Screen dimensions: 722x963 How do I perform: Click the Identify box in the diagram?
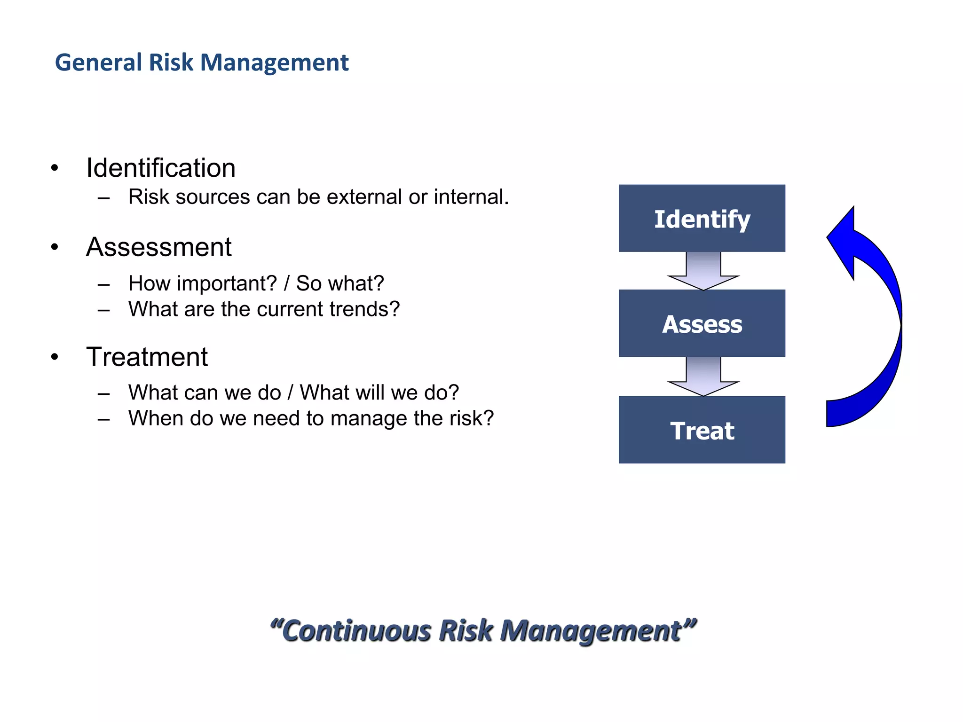coord(702,219)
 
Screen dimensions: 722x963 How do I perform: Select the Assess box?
coord(702,323)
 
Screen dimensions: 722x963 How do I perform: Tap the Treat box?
coord(702,430)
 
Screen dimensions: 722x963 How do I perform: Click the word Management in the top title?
coord(275,63)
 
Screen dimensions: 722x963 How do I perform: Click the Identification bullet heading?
coord(160,168)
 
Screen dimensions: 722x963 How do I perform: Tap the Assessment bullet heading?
coord(158,247)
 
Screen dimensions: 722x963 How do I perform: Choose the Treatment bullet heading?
coord(147,357)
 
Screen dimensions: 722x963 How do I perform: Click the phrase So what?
coord(339,283)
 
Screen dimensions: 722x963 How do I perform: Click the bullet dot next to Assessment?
coord(55,247)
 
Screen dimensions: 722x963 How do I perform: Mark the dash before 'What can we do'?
coord(104,393)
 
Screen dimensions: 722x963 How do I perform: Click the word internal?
coord(470,197)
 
